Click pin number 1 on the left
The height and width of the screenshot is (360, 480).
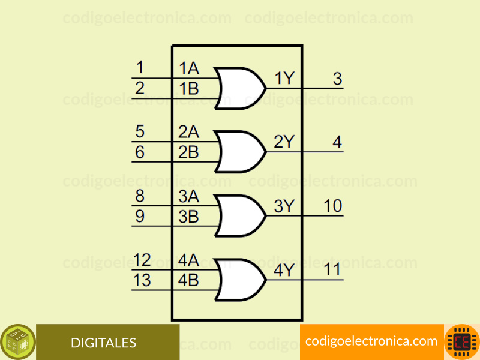(140, 67)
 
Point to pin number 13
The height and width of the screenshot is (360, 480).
(142, 280)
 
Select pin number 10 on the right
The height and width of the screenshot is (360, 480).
(333, 206)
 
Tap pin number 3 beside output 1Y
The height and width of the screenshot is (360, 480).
(337, 79)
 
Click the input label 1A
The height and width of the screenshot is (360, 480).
(189, 68)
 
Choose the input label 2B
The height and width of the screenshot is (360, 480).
(188, 152)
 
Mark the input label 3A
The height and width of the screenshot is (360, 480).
(189, 196)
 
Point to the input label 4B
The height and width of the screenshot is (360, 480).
(188, 280)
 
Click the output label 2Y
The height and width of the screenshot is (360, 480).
(284, 142)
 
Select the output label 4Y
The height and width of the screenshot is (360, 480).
(284, 270)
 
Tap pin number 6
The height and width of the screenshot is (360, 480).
(140, 152)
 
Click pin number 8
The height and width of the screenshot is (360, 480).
(140, 196)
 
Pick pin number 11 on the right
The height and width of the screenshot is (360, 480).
(332, 269)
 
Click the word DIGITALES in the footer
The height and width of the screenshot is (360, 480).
(103, 343)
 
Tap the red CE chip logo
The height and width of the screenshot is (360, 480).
(462, 342)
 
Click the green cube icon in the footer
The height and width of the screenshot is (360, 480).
(18, 342)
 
